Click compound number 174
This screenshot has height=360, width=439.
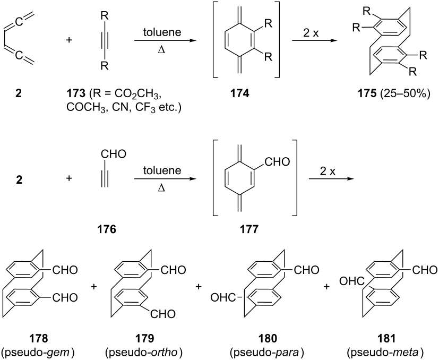click(239, 93)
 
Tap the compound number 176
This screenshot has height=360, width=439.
click(107, 229)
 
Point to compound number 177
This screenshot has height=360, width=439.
click(249, 229)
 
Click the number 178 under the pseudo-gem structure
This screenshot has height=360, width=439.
click(38, 338)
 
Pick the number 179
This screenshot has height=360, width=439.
click(144, 338)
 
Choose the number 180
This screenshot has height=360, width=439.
click(268, 338)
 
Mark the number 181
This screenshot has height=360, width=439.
click(385, 338)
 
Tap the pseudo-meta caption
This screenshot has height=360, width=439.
click(385, 352)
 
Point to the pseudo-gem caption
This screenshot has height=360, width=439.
click(38, 352)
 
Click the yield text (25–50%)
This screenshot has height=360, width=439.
click(405, 94)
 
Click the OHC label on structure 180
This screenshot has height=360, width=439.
click(222, 297)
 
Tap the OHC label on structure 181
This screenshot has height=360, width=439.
click(351, 281)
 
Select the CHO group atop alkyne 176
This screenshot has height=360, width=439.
click(114, 154)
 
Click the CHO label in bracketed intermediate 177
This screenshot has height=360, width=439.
click(277, 161)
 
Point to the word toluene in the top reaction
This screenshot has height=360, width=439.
click(162, 32)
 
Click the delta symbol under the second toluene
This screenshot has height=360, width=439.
click(161, 188)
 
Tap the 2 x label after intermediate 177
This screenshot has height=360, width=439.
click(328, 171)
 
